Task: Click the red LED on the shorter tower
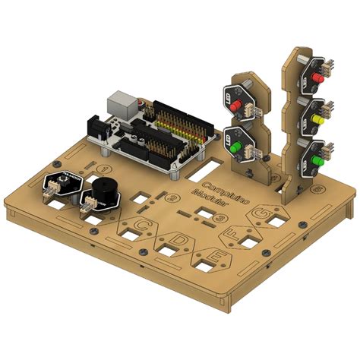(237, 103)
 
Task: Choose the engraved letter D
(180, 241)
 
